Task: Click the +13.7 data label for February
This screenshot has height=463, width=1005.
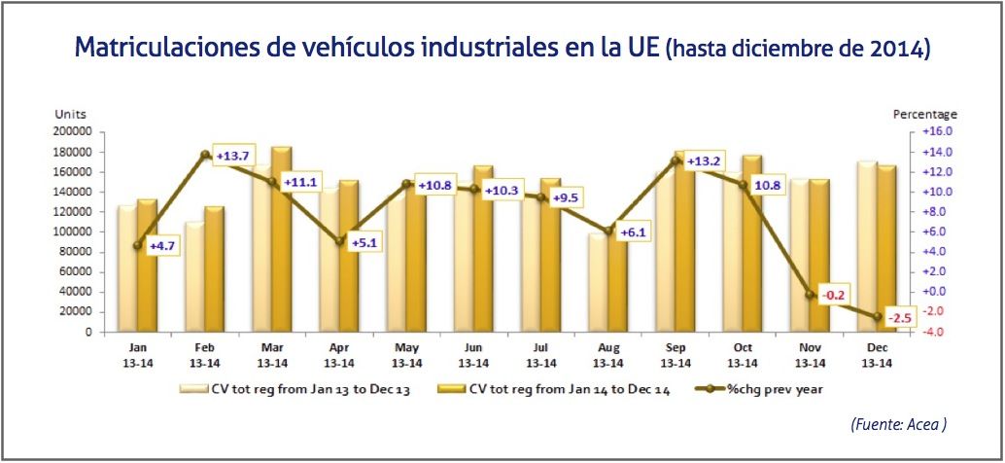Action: tap(233, 158)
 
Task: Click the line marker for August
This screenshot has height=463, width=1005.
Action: tap(607, 231)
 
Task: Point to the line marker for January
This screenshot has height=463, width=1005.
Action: tap(137, 245)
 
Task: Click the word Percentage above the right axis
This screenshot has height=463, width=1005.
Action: tap(924, 114)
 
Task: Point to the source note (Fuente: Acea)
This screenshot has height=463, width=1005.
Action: tap(897, 424)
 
